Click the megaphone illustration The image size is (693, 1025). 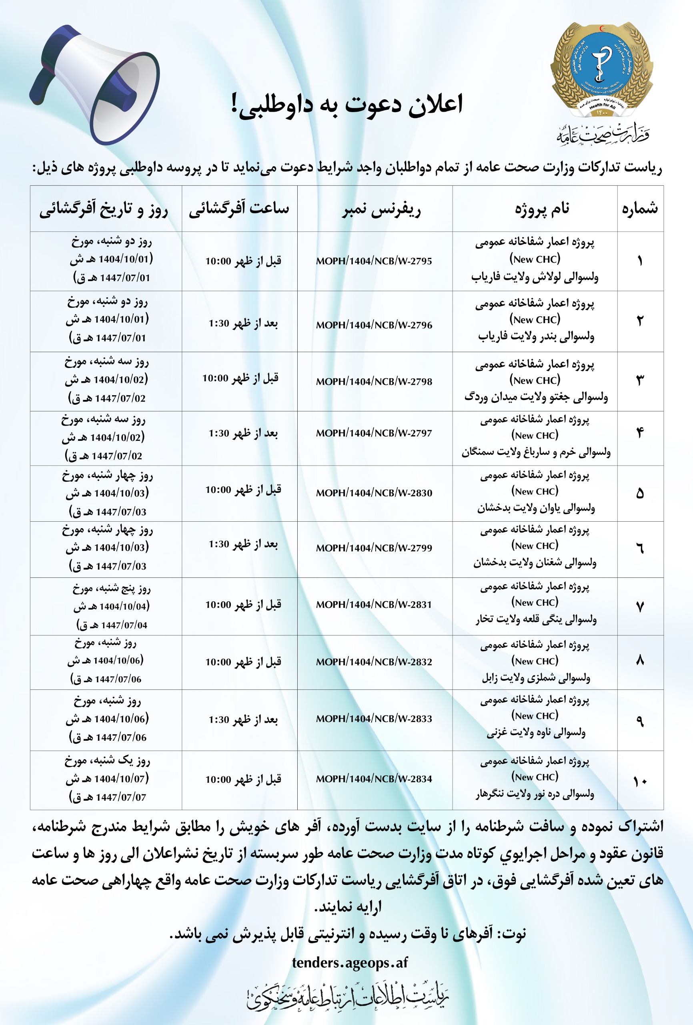(x=95, y=84)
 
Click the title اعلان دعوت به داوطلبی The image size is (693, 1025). (x=347, y=106)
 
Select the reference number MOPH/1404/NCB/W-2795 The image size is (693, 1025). (x=374, y=261)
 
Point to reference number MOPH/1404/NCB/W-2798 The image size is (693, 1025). (x=374, y=382)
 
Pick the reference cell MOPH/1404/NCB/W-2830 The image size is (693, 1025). (x=374, y=493)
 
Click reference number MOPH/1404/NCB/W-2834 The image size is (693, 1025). (x=374, y=779)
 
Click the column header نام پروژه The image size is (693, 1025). (x=542, y=209)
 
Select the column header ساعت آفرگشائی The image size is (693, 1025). (x=239, y=209)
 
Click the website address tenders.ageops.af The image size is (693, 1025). (x=350, y=963)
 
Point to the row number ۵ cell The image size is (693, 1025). (x=640, y=494)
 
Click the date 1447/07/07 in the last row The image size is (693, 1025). (x=121, y=798)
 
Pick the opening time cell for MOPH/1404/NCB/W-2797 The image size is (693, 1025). (x=243, y=434)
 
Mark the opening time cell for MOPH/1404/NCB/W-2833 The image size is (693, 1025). (x=243, y=720)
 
